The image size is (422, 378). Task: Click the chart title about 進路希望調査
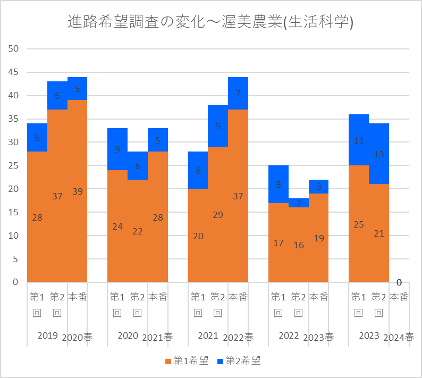click(211, 22)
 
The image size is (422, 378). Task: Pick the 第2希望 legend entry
click(239, 362)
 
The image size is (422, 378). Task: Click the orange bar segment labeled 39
click(77, 191)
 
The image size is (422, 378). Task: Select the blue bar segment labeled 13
click(379, 154)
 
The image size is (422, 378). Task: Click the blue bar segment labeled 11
click(359, 140)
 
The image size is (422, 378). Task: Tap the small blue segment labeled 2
click(299, 203)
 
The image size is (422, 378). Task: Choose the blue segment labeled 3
click(319, 187)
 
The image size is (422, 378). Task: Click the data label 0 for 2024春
click(399, 282)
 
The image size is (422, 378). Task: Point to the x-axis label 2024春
click(399, 337)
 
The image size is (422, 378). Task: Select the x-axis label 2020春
click(77, 337)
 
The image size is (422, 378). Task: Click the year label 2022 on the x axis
click(289, 336)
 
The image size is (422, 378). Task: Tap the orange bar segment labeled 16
click(299, 245)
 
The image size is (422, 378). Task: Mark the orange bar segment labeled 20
click(198, 236)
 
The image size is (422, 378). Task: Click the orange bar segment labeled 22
click(138, 231)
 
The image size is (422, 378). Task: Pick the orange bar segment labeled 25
click(359, 224)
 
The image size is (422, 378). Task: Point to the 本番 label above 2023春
click(319, 297)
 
